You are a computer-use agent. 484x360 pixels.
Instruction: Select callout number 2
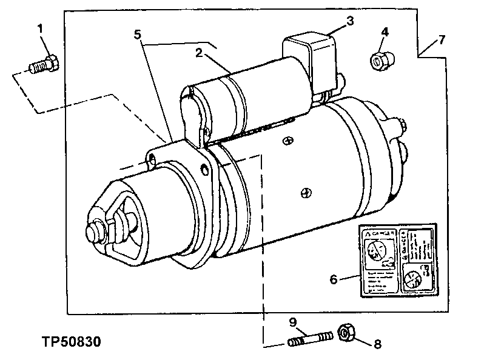click(x=198, y=52)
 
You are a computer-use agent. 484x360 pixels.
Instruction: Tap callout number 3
click(x=349, y=21)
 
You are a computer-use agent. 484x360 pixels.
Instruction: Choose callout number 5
click(x=138, y=34)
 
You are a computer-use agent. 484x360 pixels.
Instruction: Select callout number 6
click(x=333, y=279)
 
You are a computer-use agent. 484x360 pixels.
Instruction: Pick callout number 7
click(x=442, y=40)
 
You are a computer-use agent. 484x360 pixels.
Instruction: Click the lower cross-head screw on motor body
click(x=307, y=193)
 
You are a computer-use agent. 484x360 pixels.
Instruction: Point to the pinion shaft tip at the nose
click(x=95, y=232)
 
